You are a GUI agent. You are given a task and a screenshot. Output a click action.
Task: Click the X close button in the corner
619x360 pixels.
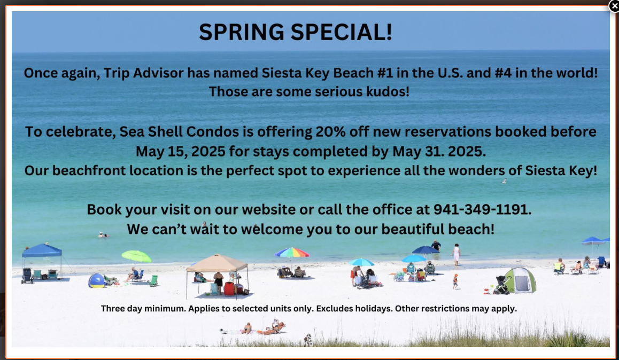pyautogui.click(x=614, y=6)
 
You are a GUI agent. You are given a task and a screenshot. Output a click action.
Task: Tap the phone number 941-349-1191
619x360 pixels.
pyautogui.click(x=482, y=209)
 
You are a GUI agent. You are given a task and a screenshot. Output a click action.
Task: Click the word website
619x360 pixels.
pyautogui.click(x=269, y=209)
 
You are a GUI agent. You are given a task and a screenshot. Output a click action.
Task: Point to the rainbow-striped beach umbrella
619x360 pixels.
pyautogui.click(x=292, y=253)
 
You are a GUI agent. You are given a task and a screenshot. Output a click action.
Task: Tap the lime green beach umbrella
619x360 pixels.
pyautogui.click(x=136, y=257)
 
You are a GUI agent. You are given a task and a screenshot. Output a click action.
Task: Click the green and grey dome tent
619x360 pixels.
pyautogui.click(x=520, y=280)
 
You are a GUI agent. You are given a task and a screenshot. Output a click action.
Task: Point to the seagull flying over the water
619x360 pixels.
pyautogui.click(x=504, y=181)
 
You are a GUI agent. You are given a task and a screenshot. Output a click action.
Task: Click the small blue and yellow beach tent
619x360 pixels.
pyautogui.click(x=97, y=281)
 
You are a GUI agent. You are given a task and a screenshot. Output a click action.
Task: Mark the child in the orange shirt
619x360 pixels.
pyautogui.click(x=455, y=281)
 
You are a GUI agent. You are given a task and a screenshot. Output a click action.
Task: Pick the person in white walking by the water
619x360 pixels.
pyautogui.click(x=456, y=254)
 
